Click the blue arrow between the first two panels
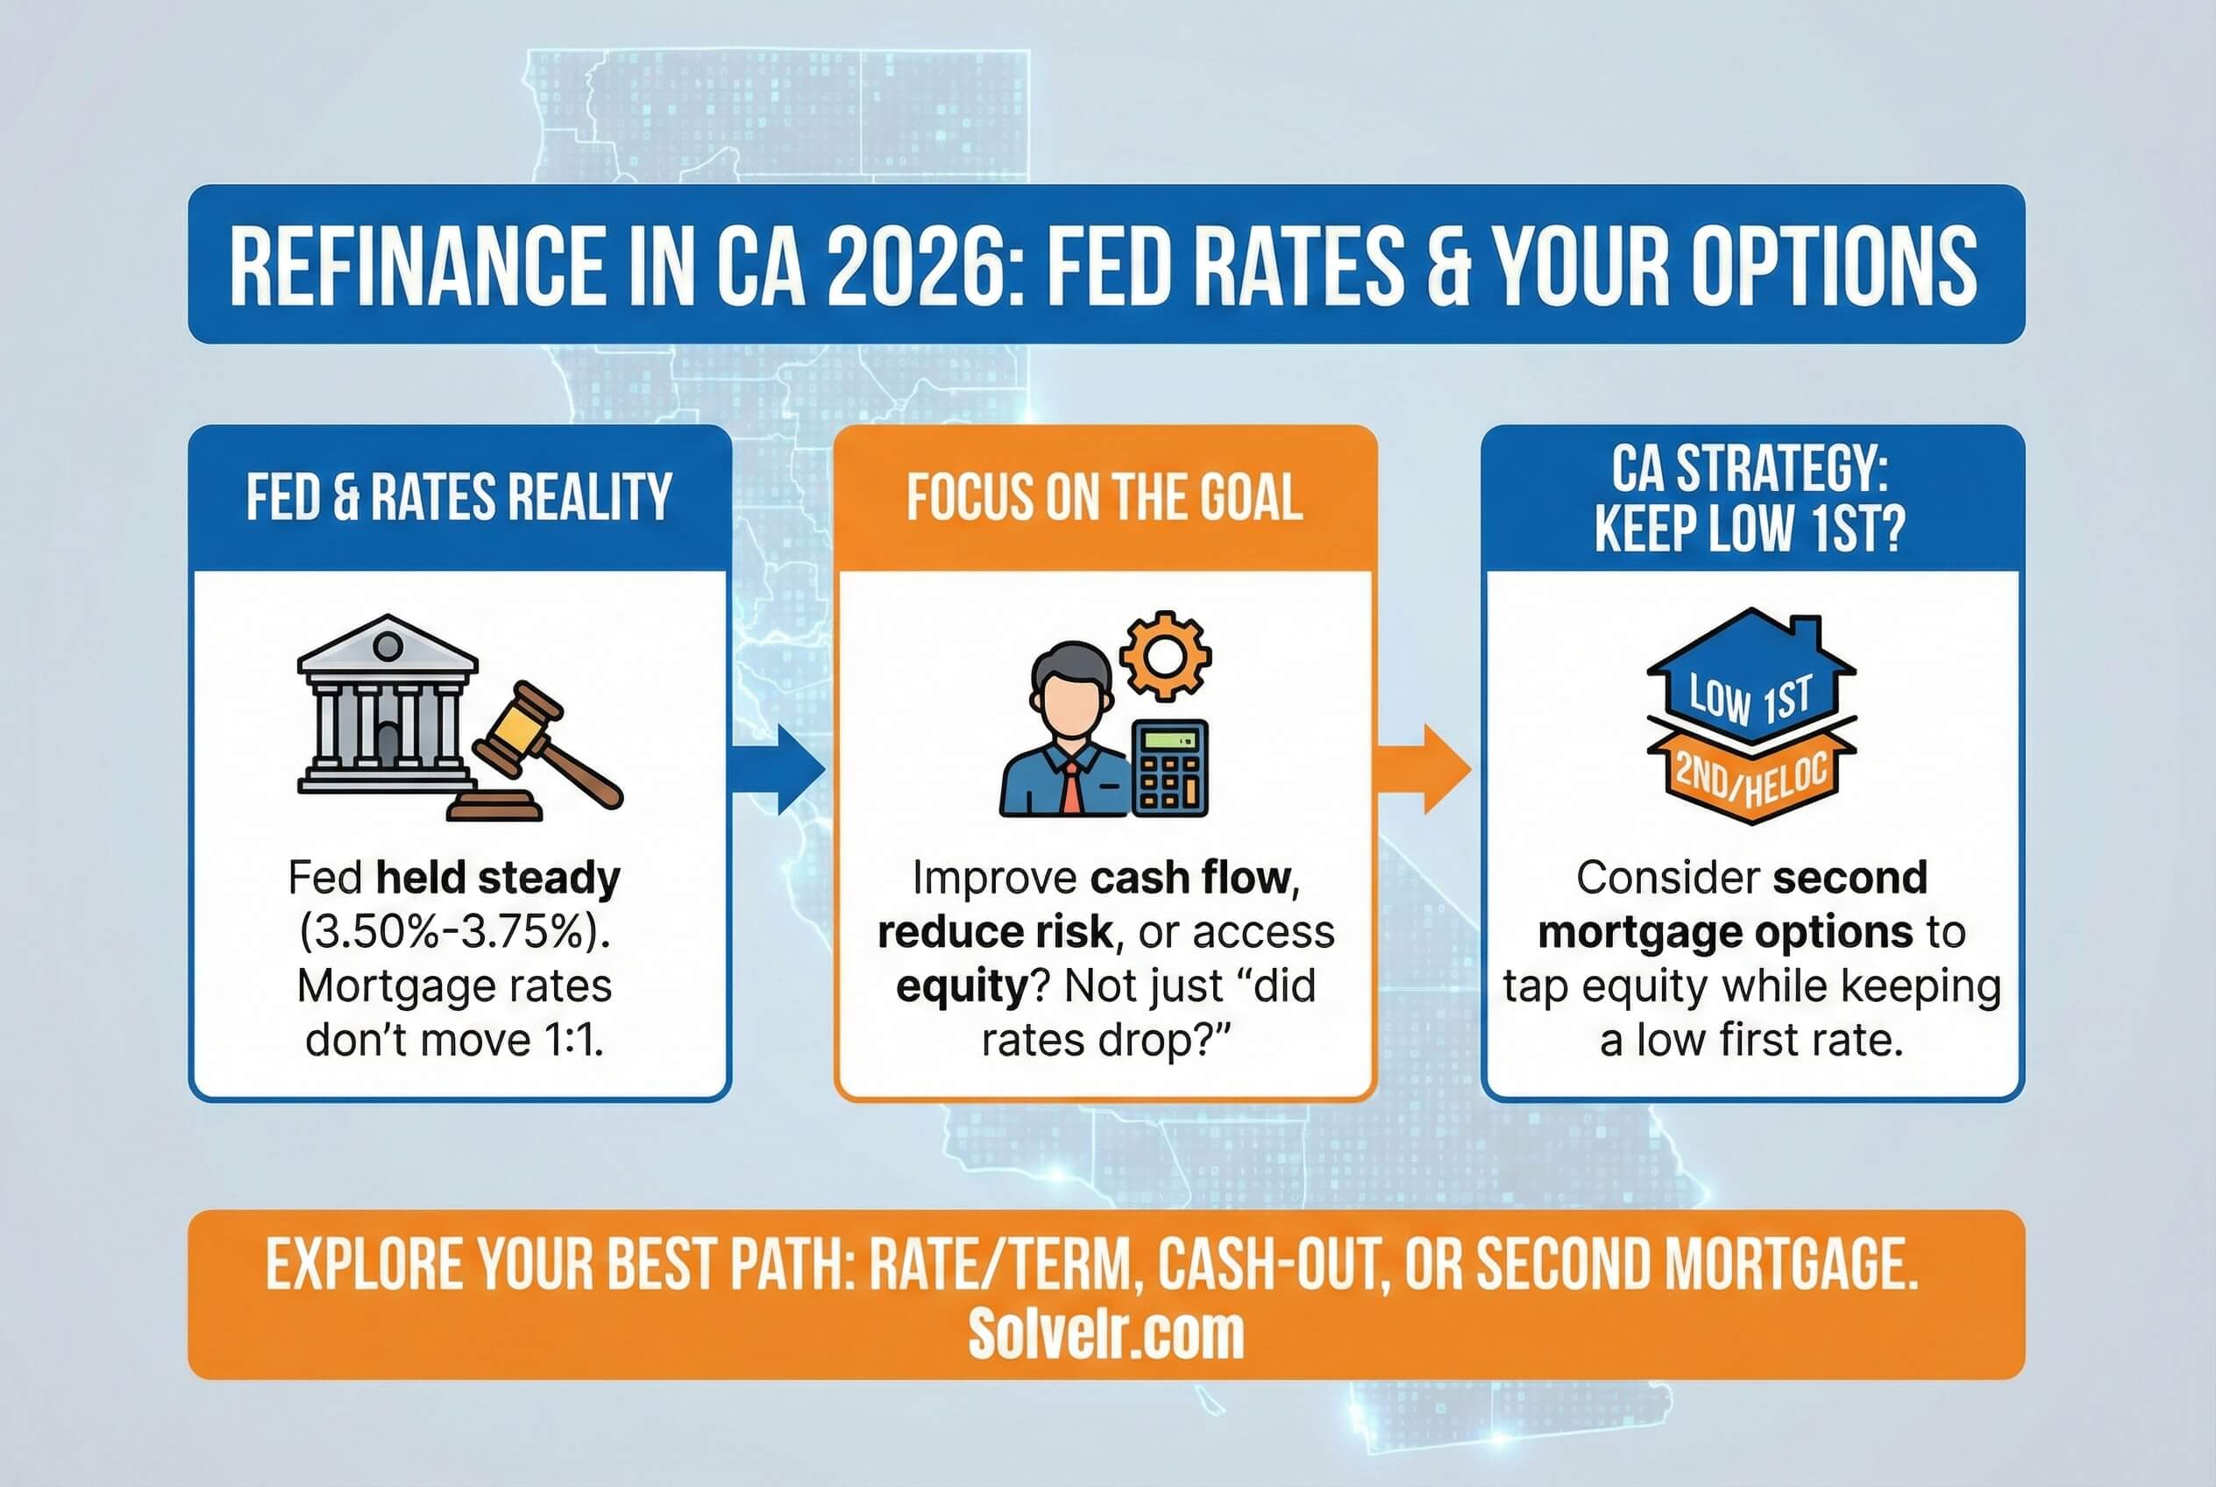point(779,769)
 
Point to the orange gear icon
point(1164,655)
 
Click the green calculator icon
point(1170,769)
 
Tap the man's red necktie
point(1069,786)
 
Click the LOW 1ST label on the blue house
point(1751,699)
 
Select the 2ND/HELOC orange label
point(1751,780)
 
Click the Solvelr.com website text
point(1105,1335)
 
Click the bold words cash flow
point(1190,879)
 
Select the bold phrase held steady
point(498,879)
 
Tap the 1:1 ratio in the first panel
point(573,1041)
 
